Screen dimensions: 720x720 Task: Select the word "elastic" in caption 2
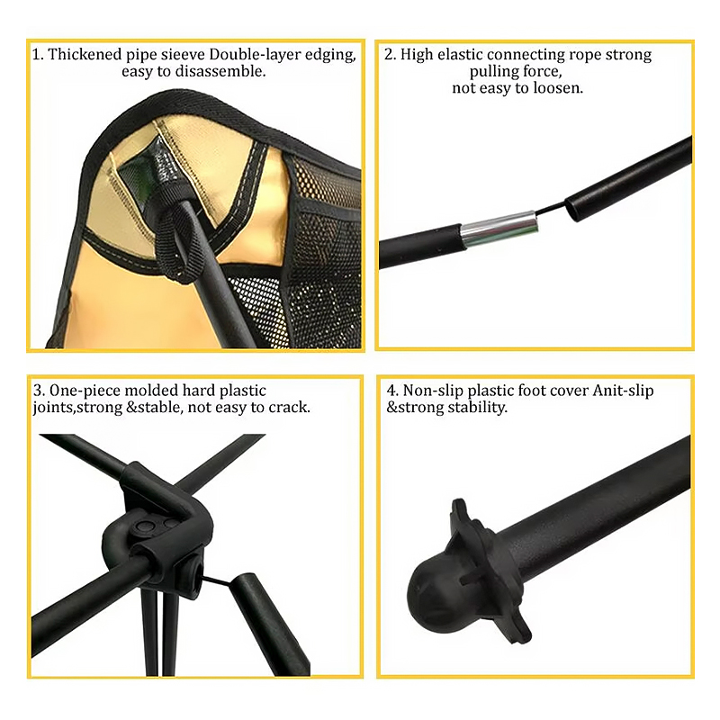(460, 54)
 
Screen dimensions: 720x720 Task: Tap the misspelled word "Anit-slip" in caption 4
(623, 391)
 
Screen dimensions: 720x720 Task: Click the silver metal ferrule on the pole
(499, 229)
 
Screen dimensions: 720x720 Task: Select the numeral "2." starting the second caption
(391, 54)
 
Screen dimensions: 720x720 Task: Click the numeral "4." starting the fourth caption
(392, 391)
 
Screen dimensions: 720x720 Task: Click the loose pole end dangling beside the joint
(268, 624)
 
